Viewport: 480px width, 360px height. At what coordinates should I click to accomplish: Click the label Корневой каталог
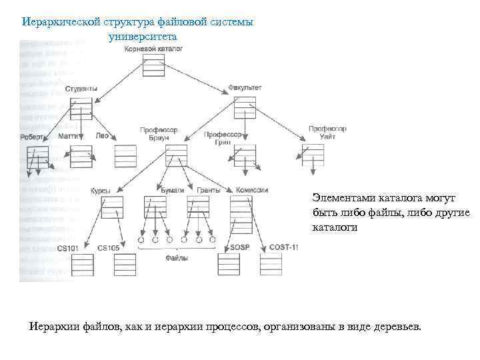coord(153,49)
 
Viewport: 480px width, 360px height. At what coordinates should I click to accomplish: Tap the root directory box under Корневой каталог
coord(153,65)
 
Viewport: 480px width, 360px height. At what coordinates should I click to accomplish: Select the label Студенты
coord(81,89)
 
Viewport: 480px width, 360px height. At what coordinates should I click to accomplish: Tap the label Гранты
coord(208,190)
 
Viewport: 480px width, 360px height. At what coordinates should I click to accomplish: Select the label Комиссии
coord(251,190)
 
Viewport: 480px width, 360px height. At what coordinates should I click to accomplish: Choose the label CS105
coord(108,248)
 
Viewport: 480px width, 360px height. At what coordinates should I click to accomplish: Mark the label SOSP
coord(239,247)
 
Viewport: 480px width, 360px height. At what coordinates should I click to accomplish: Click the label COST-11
coord(283,247)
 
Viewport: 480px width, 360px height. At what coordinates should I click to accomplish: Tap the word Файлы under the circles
coord(176,257)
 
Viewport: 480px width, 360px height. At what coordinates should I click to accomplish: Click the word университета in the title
coord(142,36)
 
